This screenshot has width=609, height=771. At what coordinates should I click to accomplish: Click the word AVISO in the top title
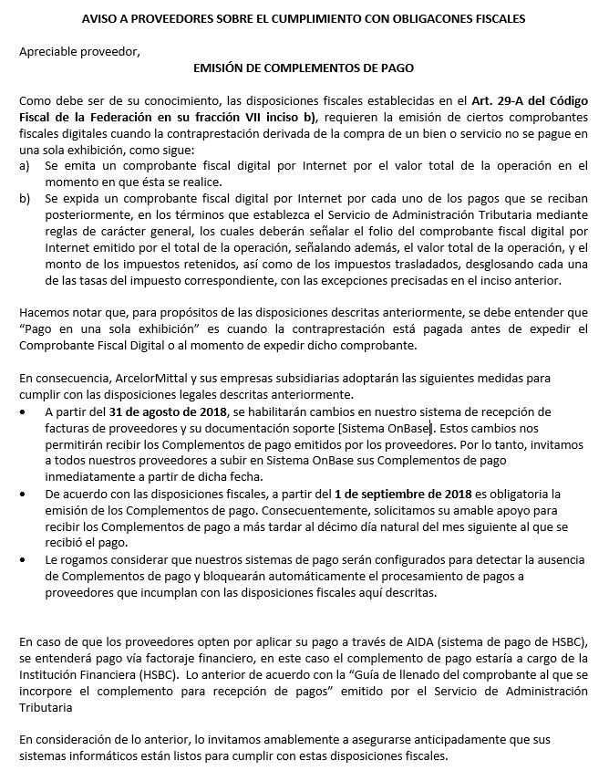101,19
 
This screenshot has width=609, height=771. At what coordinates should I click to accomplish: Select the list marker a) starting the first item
25,165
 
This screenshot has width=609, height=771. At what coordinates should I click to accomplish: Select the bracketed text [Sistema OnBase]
386,427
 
